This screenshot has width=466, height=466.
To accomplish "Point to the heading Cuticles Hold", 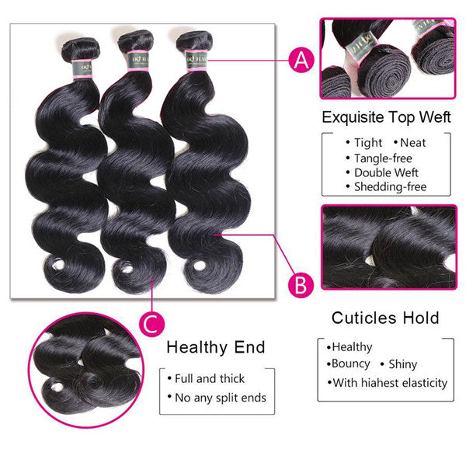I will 385,317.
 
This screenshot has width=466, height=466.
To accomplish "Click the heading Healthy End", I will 216,346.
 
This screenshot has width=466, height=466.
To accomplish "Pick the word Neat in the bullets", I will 412,143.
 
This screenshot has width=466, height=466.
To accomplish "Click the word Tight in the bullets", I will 367,143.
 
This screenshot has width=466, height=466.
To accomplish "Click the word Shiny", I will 404,363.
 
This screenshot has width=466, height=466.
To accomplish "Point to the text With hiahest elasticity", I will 389,382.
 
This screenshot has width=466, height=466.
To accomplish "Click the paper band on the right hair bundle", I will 194,56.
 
